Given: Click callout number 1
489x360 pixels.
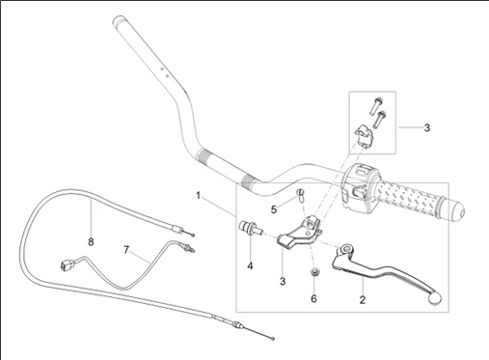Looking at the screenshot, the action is point(199,195).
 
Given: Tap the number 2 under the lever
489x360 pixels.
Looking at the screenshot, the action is point(363,300).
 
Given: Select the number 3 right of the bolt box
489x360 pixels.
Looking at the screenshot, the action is point(427,127).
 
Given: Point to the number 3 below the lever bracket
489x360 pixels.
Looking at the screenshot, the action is point(283,282).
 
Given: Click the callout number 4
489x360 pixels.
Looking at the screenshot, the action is point(250,266).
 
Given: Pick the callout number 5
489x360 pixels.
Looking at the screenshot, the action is point(274,209).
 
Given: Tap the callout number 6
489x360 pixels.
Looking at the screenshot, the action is point(313,299).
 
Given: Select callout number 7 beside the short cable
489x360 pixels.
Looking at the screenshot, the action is point(126,249).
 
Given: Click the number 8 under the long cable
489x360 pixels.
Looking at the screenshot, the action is point(91,241).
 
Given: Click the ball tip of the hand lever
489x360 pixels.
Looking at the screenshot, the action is point(435,299).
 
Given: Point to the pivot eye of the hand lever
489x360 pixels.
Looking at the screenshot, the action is point(347,249).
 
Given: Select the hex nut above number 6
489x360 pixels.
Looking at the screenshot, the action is point(313,273).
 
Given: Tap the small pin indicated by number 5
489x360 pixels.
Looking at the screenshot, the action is point(300,196).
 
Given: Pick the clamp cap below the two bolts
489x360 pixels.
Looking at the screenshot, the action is point(364,136).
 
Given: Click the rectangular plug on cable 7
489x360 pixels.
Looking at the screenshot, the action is point(67,264).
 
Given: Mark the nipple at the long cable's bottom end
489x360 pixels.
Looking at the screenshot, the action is point(273,339).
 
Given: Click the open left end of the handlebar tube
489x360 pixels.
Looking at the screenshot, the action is point(119,20).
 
